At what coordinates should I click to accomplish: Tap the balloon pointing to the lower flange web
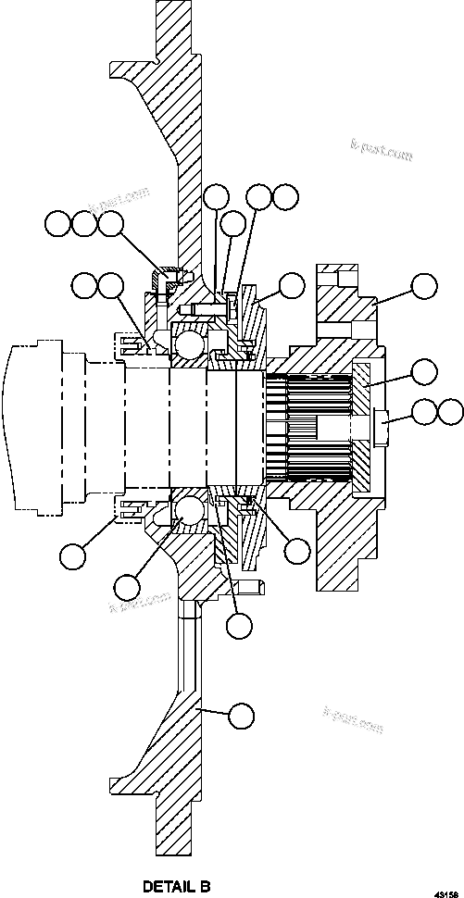point(241,714)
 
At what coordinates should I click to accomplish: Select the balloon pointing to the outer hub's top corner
point(423,285)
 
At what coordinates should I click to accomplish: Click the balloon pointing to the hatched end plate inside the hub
point(423,372)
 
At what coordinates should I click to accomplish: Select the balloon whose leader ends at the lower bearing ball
point(128,585)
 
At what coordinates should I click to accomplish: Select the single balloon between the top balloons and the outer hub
point(292,285)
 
